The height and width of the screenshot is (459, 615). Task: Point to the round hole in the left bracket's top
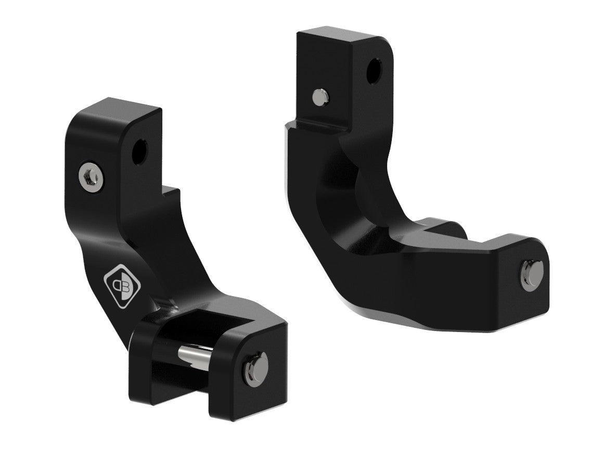point(139,151)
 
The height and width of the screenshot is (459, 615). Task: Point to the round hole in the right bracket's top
point(373,72)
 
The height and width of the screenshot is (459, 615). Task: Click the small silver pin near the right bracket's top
point(319,96)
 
